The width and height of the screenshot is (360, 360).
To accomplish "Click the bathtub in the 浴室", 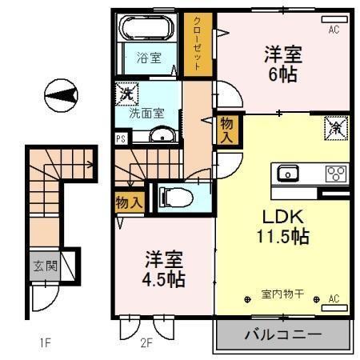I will click(146, 30).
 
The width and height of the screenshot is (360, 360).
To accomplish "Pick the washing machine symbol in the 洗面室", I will click(126, 94).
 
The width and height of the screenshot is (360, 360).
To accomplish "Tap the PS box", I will click(120, 138).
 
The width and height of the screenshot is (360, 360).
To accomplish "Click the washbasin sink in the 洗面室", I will click(165, 135).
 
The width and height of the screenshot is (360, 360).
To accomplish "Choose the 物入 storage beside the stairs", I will click(128, 202).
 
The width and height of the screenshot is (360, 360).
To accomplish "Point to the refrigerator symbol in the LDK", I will click(334, 126).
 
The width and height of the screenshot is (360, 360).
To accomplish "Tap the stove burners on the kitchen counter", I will click(334, 173).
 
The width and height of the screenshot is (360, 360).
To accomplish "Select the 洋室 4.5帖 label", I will click(164, 270).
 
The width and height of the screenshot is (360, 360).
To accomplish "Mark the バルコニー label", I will click(282, 334).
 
